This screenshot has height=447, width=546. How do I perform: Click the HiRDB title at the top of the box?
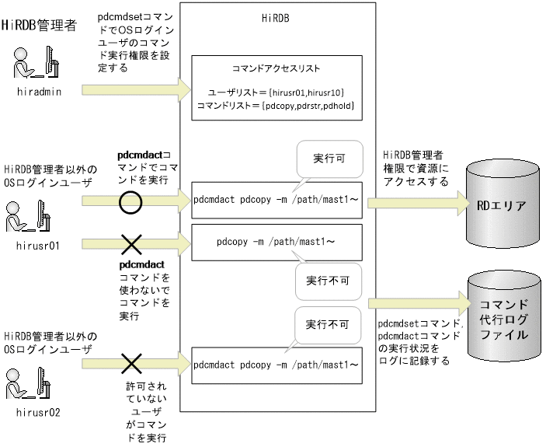click(278, 16)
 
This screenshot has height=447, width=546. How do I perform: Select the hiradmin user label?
click(38, 91)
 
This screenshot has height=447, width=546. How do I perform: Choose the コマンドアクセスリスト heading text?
click(276, 69)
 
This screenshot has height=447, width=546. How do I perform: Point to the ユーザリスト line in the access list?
click(276, 93)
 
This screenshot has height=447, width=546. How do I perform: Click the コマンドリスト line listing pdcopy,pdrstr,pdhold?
click(276, 105)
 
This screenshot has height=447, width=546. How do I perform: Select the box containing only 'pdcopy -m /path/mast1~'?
click(276, 242)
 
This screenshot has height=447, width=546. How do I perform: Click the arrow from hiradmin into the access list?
click(132, 89)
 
